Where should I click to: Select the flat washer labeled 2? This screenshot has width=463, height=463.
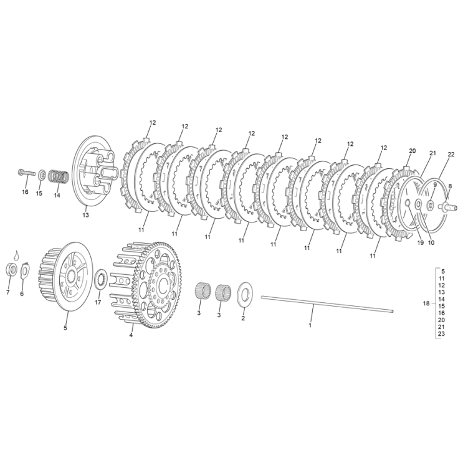[245, 294]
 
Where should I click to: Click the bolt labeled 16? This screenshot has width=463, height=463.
[27, 172]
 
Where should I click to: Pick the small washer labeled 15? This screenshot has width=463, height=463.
[42, 176]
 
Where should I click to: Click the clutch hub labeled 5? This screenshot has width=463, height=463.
[61, 277]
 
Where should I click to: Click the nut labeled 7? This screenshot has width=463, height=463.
[11, 269]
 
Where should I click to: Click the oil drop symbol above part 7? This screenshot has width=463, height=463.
[17, 255]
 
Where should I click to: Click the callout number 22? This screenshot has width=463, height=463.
[451, 155]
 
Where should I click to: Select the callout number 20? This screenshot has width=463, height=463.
[412, 151]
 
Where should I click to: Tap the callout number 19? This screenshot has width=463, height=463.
[420, 243]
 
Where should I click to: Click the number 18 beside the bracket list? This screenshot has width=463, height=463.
[426, 303]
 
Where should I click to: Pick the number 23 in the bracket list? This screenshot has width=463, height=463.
[441, 334]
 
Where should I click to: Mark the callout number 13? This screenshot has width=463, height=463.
[85, 215]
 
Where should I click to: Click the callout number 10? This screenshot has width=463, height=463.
[431, 243]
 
